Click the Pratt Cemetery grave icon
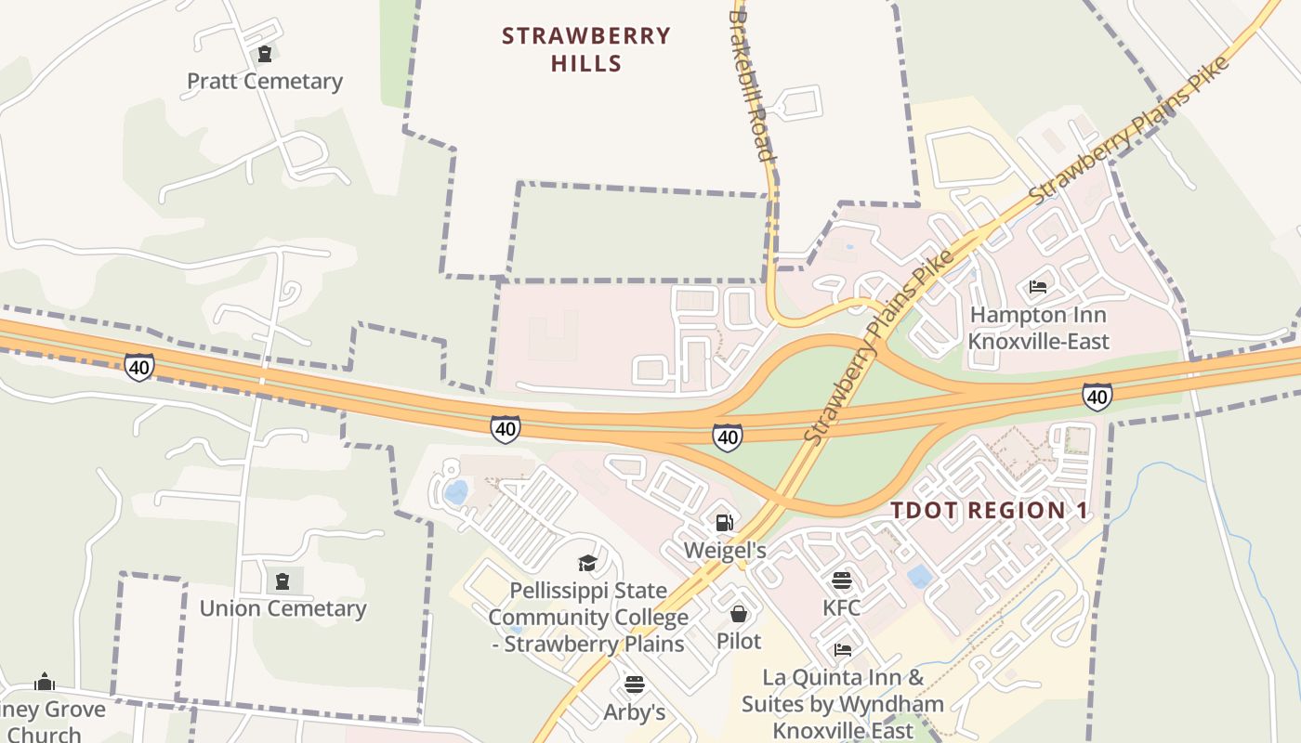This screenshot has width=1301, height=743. [265, 54]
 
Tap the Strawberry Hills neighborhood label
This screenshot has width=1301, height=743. [585, 49]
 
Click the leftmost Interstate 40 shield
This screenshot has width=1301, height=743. [139, 367]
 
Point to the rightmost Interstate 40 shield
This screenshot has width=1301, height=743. [1097, 397]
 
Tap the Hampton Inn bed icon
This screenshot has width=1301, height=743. [1038, 286]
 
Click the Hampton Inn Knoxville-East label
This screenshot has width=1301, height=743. [1038, 328]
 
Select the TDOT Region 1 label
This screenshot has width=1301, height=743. [989, 510]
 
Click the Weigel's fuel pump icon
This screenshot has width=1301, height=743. [725, 523]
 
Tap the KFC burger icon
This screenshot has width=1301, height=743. [842, 581]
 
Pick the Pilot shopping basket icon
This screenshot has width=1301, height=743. [739, 614]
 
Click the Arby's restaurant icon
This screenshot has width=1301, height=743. [635, 685]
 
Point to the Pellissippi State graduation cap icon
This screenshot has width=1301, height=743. [587, 563]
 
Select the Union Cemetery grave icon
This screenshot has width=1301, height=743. [283, 581]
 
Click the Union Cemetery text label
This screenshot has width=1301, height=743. [283, 608]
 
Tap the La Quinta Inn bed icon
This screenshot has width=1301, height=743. [843, 649]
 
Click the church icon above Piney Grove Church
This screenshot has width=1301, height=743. [44, 683]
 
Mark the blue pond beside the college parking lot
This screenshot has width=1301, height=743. [456, 492]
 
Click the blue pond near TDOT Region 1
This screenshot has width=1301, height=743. [920, 576]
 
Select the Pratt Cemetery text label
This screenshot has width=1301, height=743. [265, 81]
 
